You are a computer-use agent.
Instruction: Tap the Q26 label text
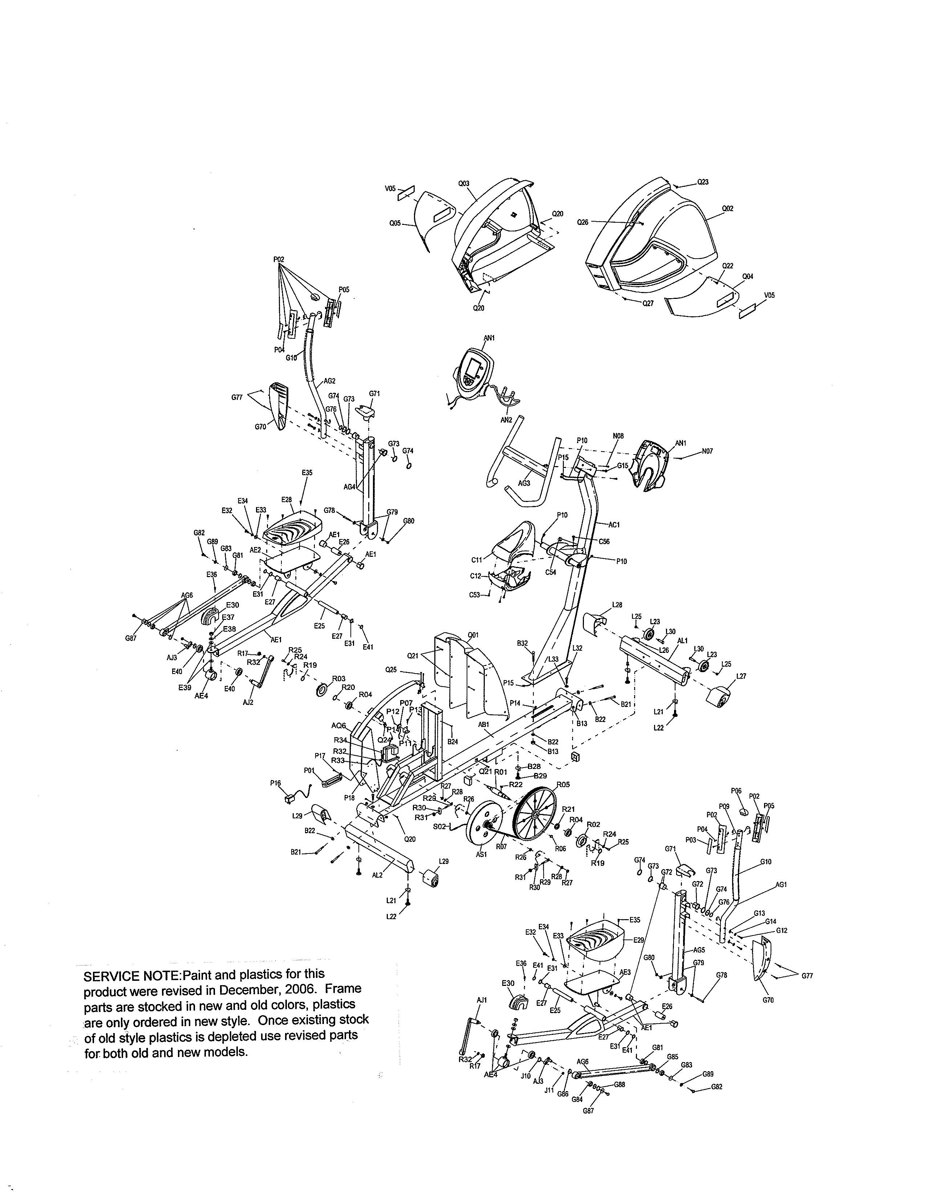[x=582, y=222]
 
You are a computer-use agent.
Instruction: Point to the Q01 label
[x=473, y=635]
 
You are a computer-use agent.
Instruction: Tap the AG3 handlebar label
[x=524, y=483]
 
